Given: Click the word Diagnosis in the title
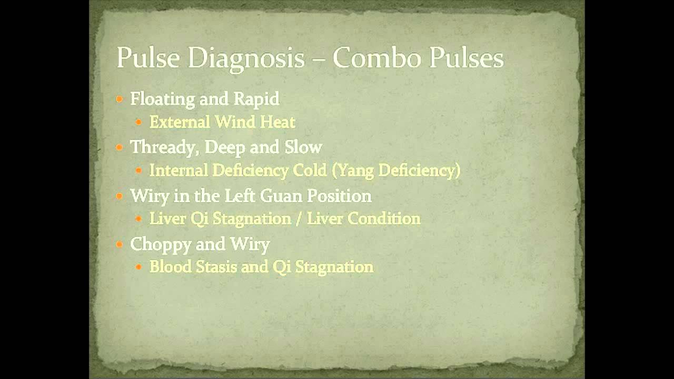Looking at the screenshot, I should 246,58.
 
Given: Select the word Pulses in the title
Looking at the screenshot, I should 467,58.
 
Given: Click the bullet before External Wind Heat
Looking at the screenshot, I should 138,123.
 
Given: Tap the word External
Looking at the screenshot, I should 180,123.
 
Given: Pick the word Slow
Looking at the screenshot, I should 303,147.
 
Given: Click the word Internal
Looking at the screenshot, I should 178,171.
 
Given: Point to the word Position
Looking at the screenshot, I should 339,196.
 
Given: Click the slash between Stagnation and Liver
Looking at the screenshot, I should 299,219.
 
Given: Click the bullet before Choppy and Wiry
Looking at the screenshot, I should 120,244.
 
